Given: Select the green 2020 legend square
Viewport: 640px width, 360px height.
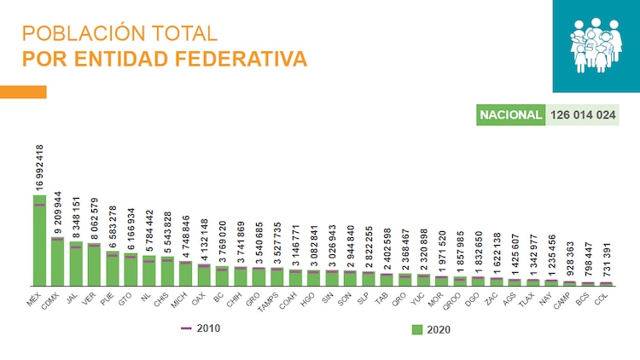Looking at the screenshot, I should click(x=417, y=328).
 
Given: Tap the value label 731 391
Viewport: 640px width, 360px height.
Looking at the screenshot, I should click(x=607, y=257).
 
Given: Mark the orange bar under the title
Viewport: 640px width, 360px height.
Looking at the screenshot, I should click(x=23, y=92).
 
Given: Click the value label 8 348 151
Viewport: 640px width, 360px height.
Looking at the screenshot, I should click(x=76, y=215).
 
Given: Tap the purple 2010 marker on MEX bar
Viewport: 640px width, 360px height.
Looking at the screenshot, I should click(x=39, y=205).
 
